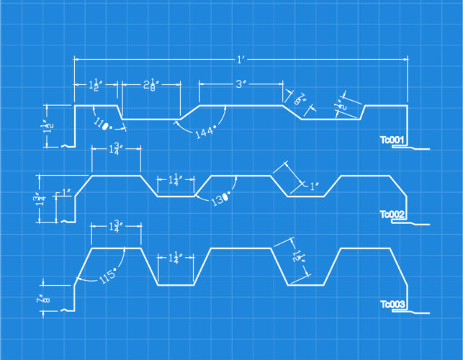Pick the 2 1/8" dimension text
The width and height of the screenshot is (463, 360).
tap(150, 85)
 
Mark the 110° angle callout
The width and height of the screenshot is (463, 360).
tap(104, 124)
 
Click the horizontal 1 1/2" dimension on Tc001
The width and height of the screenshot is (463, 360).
tap(95, 85)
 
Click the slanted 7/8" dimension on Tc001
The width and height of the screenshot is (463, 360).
tap(300, 99)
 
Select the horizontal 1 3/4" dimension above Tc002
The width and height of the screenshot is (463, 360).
tap(115, 149)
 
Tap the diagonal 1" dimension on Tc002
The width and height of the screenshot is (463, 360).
tap(313, 186)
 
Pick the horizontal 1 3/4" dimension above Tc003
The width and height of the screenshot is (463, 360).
tap(115, 226)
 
